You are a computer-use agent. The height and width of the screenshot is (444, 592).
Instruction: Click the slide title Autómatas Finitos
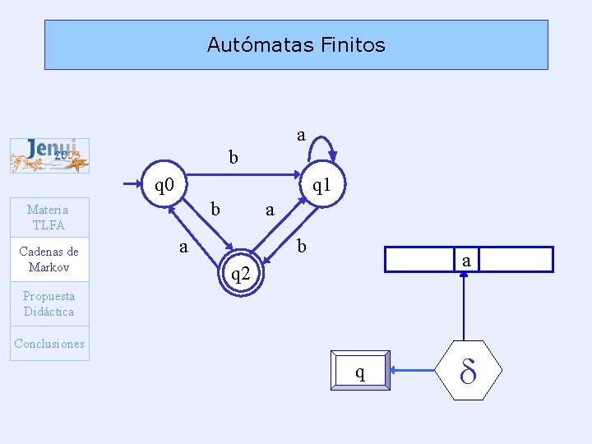[x=296, y=44]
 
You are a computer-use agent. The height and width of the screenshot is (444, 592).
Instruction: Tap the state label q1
[x=321, y=186]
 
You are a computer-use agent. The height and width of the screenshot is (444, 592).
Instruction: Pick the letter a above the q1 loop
[x=301, y=134]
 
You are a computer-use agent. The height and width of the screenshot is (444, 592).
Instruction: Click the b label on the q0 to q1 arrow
[x=234, y=156]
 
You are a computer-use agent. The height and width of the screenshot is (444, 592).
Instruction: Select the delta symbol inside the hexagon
[x=468, y=372]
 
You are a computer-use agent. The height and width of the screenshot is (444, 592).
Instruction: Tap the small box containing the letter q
[x=360, y=372]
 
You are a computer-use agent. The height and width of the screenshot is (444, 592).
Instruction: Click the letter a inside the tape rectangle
[x=466, y=261]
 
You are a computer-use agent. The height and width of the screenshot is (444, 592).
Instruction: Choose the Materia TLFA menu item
[x=48, y=217]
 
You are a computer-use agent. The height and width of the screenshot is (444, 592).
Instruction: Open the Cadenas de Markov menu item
[x=49, y=259]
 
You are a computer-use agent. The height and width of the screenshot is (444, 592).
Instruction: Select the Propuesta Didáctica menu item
[x=49, y=303]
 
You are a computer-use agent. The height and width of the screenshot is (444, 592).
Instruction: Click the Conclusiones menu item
[x=49, y=344]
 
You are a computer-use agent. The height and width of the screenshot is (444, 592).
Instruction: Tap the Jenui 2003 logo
[x=49, y=155]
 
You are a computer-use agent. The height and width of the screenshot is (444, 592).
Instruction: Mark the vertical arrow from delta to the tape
[x=465, y=308]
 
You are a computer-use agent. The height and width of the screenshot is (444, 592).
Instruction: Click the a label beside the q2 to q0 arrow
[x=184, y=246]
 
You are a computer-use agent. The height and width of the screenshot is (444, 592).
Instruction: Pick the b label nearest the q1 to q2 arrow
[x=302, y=246]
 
